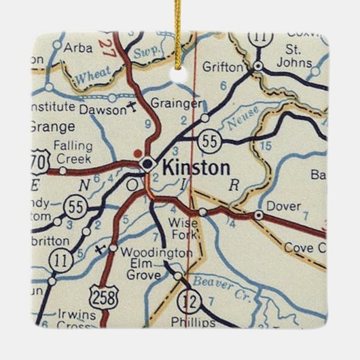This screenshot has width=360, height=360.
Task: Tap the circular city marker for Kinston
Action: click(147, 164)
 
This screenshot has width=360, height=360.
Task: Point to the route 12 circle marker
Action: click(187, 300)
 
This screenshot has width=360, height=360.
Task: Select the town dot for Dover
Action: click(258, 215)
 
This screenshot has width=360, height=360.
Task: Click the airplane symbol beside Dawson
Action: click(131, 106)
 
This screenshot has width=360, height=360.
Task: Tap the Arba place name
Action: click(77, 47)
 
